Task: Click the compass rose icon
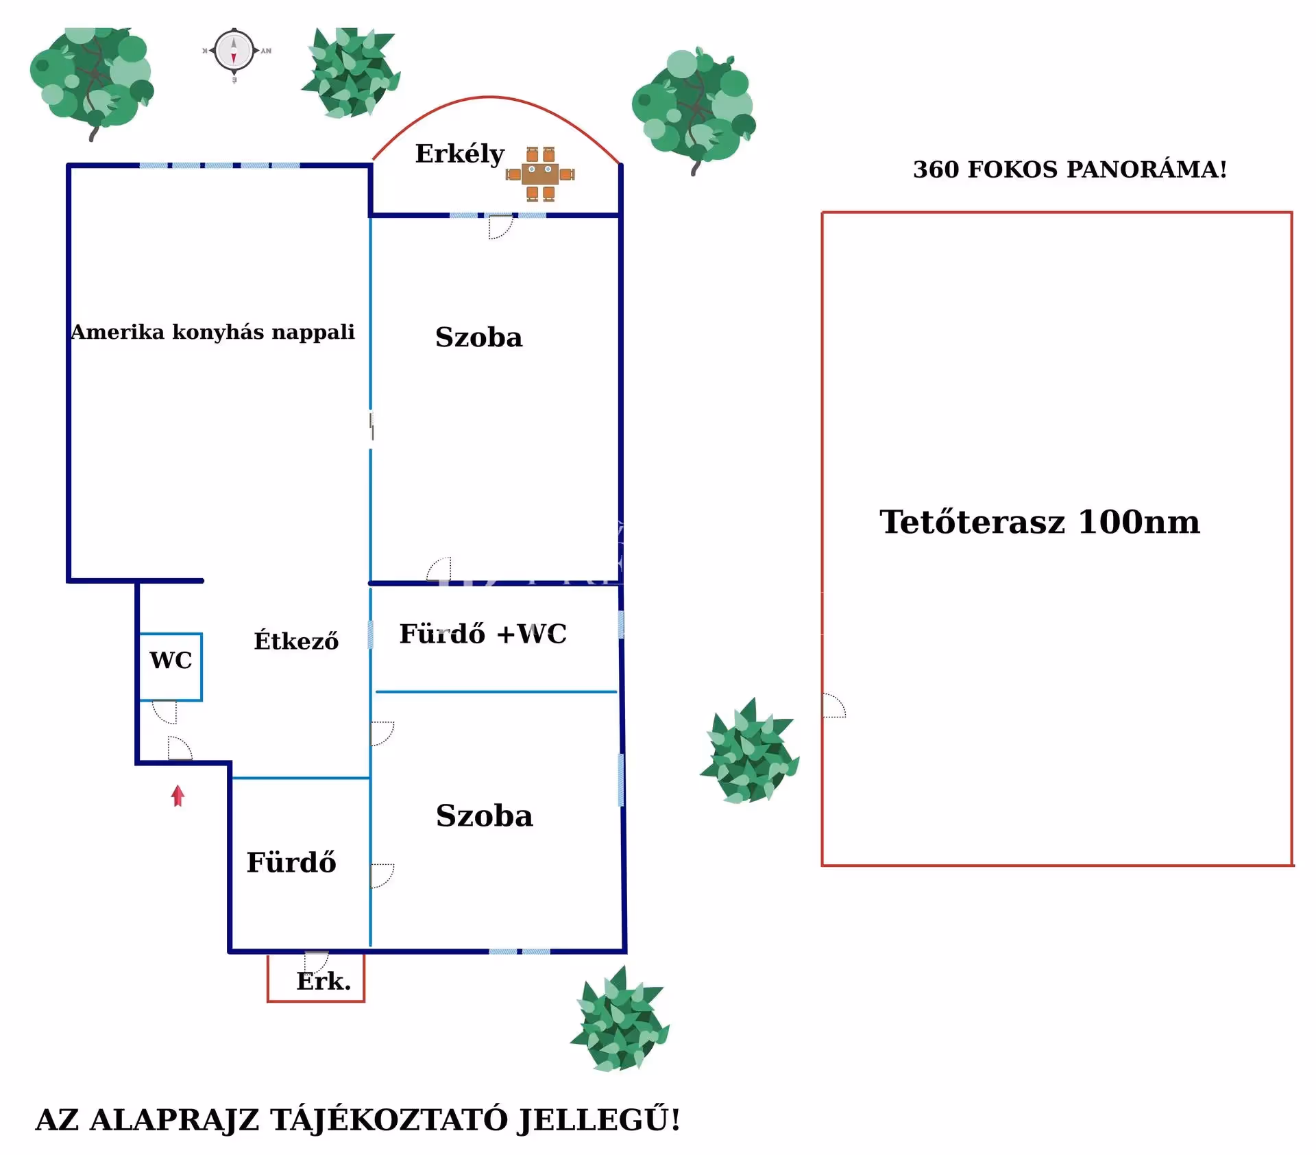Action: [x=234, y=51]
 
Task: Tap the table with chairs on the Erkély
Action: [x=540, y=174]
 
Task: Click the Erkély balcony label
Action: [x=459, y=154]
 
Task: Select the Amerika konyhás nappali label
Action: [x=212, y=332]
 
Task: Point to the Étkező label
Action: [x=296, y=641]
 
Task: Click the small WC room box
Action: [x=171, y=666]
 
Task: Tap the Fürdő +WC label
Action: [x=483, y=634]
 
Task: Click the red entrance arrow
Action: [x=178, y=796]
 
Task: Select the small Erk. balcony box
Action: [x=316, y=979]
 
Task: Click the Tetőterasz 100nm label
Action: [x=1039, y=522]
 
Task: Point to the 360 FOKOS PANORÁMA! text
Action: [x=1069, y=169]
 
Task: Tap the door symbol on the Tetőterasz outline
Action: [x=833, y=706]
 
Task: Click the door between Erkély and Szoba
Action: [x=500, y=226]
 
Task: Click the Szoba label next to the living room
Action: [x=478, y=337]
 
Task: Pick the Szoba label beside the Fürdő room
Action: [x=484, y=815]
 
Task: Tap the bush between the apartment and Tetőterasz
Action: [x=750, y=752]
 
